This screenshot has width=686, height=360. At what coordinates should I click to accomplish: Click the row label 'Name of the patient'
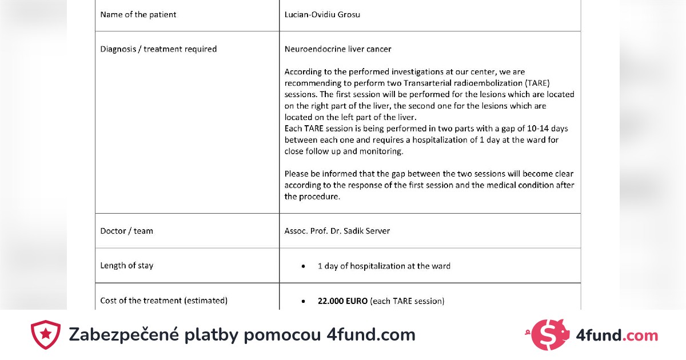tap(138, 15)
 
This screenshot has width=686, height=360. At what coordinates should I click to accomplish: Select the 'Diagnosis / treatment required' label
tap(158, 49)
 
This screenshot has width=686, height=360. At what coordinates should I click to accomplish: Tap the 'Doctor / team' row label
tap(126, 231)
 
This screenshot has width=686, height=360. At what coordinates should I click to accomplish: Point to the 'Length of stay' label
tap(126, 266)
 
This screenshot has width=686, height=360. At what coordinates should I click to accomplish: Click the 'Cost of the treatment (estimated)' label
tap(163, 301)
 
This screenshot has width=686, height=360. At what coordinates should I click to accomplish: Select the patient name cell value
tap(322, 15)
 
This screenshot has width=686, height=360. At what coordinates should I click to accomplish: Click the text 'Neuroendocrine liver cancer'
tap(338, 49)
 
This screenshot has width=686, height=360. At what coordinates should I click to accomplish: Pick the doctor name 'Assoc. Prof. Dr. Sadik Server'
tap(337, 231)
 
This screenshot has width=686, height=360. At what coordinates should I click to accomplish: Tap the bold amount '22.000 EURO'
tap(342, 301)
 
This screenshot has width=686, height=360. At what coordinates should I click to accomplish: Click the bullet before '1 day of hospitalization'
tap(302, 266)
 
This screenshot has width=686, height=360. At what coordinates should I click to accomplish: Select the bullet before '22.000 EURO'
tap(302, 301)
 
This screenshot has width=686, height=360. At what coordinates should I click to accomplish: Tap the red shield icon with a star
tap(45, 335)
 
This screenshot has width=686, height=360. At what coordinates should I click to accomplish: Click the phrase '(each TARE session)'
tap(407, 301)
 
